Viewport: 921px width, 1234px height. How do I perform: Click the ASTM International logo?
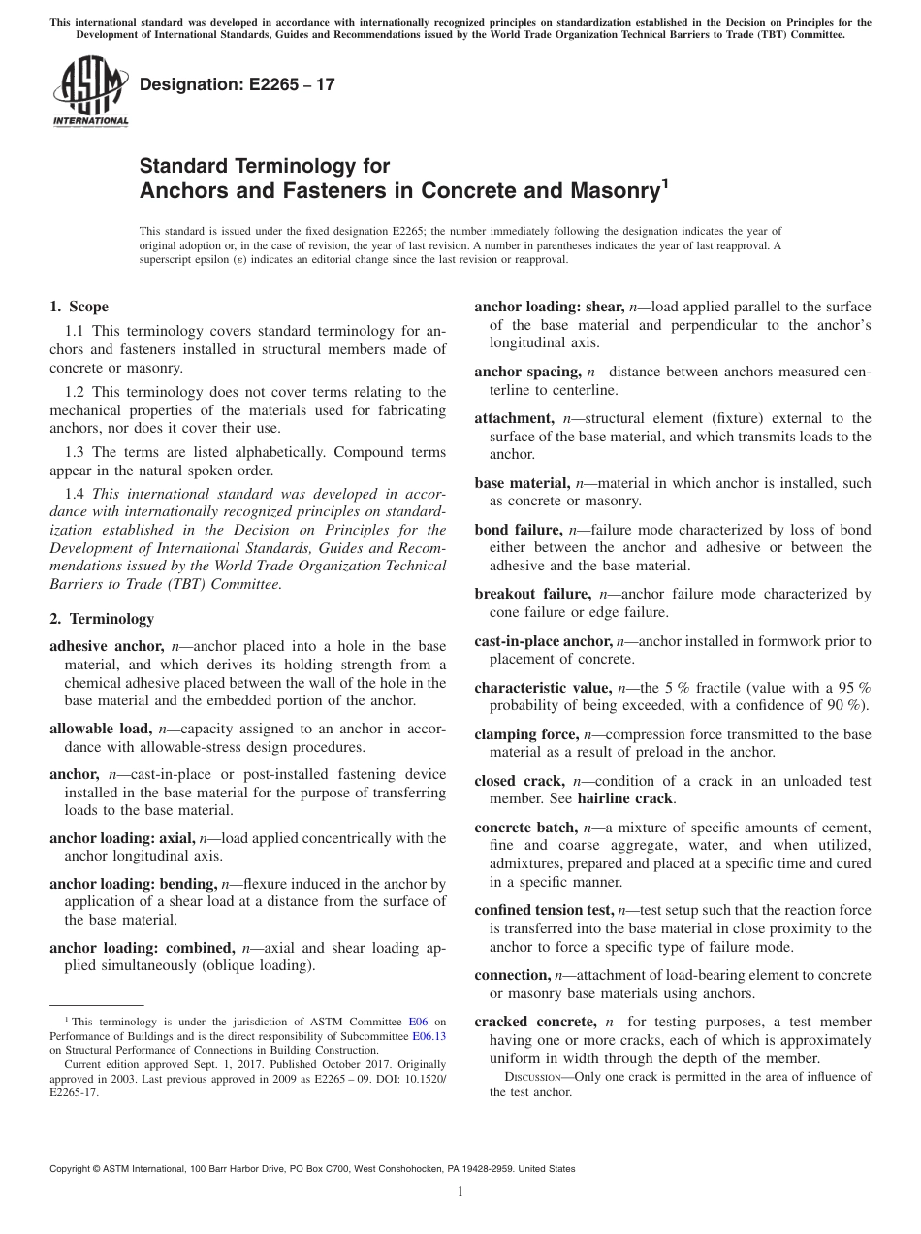[89, 93]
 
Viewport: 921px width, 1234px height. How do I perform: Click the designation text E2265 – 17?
[238, 84]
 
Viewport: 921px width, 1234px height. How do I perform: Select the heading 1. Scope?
[79, 308]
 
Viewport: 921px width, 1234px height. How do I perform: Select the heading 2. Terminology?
[102, 618]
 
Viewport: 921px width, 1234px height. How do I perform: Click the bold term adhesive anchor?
[106, 645]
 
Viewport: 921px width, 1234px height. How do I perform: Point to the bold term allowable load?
[100, 729]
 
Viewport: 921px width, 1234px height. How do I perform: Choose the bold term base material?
[522, 483]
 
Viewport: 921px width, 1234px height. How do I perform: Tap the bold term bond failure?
[518, 530]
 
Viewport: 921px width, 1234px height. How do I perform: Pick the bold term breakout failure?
[532, 594]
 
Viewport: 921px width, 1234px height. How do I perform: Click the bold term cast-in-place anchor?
[543, 641]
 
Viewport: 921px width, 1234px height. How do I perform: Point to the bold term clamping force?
[526, 734]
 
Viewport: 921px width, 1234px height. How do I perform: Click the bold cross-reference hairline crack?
[624, 799]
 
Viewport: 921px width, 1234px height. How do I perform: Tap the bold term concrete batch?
[524, 828]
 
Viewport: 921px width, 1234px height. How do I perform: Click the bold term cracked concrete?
[535, 1022]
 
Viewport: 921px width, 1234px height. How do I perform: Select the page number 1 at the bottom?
[460, 1193]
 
